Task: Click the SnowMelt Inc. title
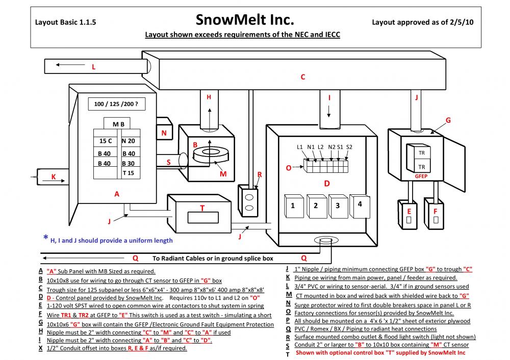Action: (245, 20)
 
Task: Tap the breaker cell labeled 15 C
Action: (106, 141)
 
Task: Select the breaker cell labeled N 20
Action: (129, 141)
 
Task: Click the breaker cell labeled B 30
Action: (129, 163)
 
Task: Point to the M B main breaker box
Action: (119, 124)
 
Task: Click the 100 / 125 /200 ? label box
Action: (116, 104)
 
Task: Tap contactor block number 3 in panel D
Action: (338, 205)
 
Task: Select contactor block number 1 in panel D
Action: (293, 205)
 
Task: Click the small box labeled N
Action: (164, 133)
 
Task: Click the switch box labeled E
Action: (409, 215)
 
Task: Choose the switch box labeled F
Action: (435, 215)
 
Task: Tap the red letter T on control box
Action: (202, 208)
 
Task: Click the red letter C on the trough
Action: (302, 77)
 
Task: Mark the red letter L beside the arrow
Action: (93, 66)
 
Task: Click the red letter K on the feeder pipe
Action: (53, 177)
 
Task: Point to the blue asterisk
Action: (45, 238)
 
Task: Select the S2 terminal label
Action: (349, 147)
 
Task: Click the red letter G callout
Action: (448, 120)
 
